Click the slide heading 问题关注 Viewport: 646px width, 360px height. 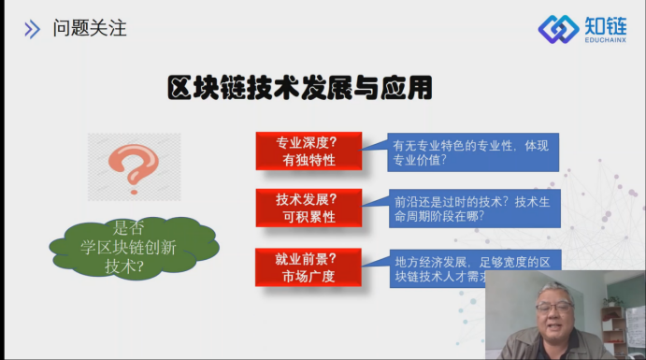[90, 28]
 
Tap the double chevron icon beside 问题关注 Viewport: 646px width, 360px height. [33, 29]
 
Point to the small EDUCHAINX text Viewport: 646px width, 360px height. [606, 41]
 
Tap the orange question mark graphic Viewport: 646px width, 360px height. [134, 166]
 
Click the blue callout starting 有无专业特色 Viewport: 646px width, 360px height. [473, 151]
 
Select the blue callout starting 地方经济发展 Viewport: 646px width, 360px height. [473, 267]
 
